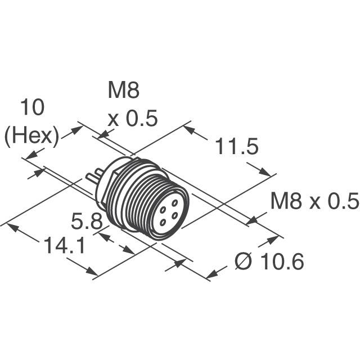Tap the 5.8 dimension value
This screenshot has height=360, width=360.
pyautogui.click(x=87, y=221)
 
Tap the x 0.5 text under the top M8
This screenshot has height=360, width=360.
pyautogui.click(x=132, y=119)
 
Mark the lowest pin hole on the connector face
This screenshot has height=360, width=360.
pyautogui.click(x=164, y=222)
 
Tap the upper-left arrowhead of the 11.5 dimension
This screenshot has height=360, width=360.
pyautogui.click(x=188, y=130)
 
